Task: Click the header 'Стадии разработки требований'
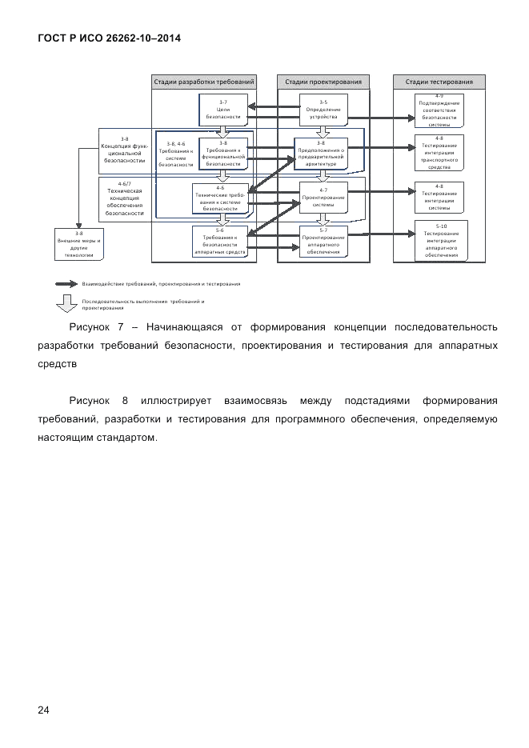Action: pyautogui.click(x=204, y=82)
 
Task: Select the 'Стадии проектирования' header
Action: pyautogui.click(x=323, y=82)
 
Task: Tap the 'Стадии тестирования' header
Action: pyautogui.click(x=439, y=82)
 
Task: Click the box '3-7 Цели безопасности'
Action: pyautogui.click(x=223, y=110)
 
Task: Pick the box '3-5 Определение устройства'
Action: pyautogui.click(x=323, y=110)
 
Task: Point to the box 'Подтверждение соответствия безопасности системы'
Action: pyautogui.click(x=439, y=111)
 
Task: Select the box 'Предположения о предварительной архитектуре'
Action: pyautogui.click(x=322, y=151)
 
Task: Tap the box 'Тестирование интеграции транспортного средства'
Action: pyautogui.click(x=439, y=153)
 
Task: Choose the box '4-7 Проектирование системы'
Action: pyautogui.click(x=323, y=197)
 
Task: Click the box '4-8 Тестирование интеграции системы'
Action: pyautogui.click(x=439, y=197)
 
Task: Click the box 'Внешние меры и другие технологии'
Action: pyautogui.click(x=79, y=243)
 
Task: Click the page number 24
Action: pyautogui.click(x=42, y=710)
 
